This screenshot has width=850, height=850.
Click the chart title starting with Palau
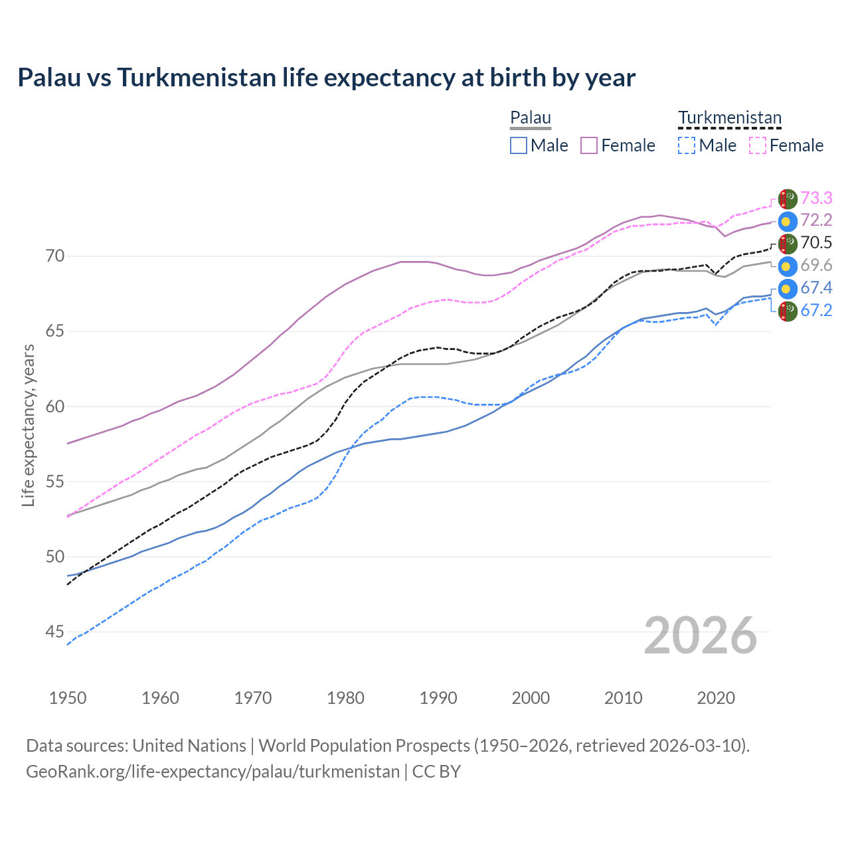coord(326,78)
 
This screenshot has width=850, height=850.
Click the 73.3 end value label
coord(816,198)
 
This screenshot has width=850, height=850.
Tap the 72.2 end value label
coord(816,220)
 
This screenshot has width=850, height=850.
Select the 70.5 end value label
coord(816,243)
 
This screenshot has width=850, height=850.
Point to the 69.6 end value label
coord(816,266)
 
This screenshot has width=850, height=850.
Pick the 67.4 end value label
coord(816,288)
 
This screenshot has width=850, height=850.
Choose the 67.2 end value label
coord(816,311)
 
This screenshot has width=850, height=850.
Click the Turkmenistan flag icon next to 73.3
coord(788,199)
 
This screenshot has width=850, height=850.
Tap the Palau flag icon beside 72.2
coord(788,221)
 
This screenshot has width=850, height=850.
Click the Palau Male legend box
coord(519,145)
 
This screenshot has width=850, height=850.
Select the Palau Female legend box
coord(589,145)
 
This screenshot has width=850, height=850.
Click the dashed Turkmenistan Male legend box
coord(687,145)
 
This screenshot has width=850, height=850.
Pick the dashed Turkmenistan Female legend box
coord(758,145)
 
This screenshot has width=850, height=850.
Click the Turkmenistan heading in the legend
coord(730,118)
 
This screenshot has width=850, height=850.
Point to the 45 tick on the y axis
coord(54,632)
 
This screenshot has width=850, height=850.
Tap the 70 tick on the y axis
coord(54,256)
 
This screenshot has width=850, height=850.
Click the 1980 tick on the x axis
coord(346,698)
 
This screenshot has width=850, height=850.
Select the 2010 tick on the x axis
coord(623,698)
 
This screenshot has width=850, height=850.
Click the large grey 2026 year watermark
coord(701,636)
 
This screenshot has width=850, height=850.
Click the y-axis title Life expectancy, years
coord(29,425)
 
